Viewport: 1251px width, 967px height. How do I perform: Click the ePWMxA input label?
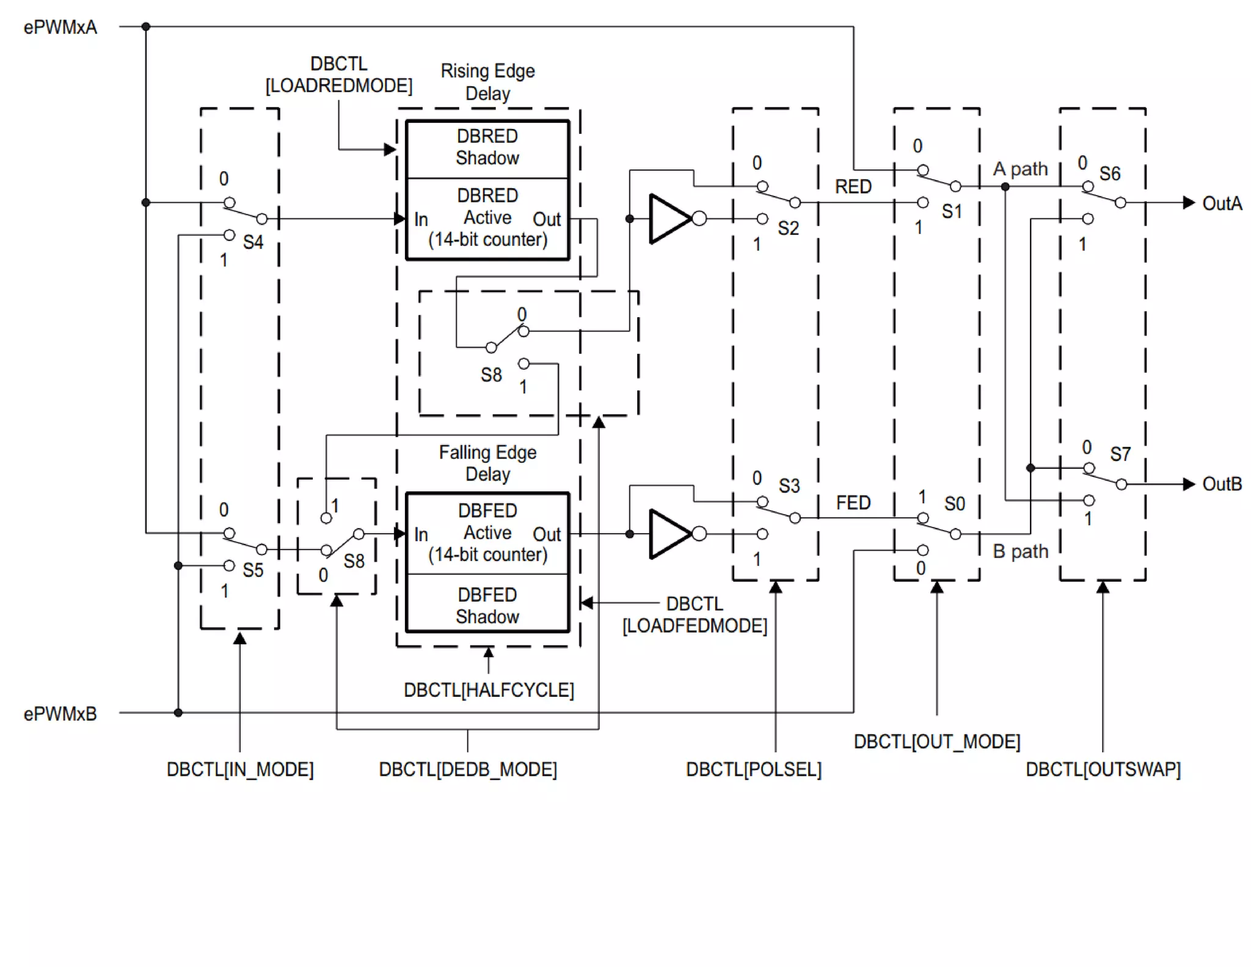[x=60, y=28]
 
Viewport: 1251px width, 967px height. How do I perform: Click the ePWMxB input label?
[x=60, y=713]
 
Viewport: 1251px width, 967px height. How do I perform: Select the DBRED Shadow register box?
[x=487, y=147]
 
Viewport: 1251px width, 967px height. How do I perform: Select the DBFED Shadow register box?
[x=487, y=605]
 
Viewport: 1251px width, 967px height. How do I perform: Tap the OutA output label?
[x=1222, y=204]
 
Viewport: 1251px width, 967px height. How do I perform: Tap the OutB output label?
[x=1222, y=484]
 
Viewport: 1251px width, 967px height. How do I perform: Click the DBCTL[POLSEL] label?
[x=753, y=769]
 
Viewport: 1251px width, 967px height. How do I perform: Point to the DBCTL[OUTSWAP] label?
[x=1103, y=769]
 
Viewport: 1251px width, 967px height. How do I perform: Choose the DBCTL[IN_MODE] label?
[x=240, y=769]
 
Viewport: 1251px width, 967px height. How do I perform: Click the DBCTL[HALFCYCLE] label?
[x=489, y=690]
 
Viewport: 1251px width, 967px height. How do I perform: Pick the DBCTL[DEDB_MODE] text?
[x=468, y=769]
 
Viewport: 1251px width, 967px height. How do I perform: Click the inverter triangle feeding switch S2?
[x=669, y=219]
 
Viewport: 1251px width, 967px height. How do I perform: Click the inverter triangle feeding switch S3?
[x=669, y=534]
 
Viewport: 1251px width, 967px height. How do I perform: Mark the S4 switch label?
[x=253, y=242]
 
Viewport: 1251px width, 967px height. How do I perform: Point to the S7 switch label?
[x=1120, y=454]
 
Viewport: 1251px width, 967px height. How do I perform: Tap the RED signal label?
[x=853, y=186]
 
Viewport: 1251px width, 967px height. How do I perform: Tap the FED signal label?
[x=853, y=502]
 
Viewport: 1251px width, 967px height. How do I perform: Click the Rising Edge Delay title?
[x=487, y=82]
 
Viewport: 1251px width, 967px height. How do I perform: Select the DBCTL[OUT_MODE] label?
[x=936, y=741]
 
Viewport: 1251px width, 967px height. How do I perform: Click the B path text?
[x=1020, y=551]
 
